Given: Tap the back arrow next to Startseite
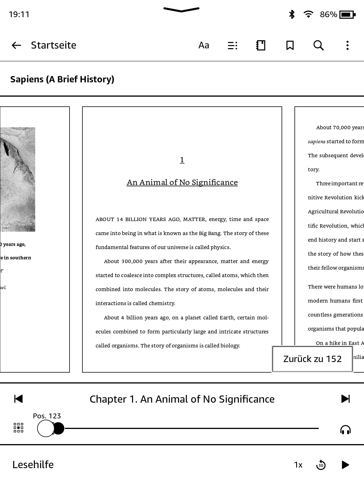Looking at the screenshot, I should pyautogui.click(x=16, y=45).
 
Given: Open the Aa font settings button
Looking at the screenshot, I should pyautogui.click(x=204, y=45).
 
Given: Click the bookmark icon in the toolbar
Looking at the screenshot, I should pyautogui.click(x=290, y=45).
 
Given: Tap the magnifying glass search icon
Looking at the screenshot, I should pyautogui.click(x=318, y=45).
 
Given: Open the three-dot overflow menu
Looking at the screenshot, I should pyautogui.click(x=347, y=45).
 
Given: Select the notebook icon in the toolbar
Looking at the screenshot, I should pyautogui.click(x=261, y=45).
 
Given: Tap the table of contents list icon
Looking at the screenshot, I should pyautogui.click(x=232, y=45).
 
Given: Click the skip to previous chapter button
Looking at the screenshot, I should pyautogui.click(x=18, y=399).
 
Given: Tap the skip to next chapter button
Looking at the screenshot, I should pyautogui.click(x=345, y=399).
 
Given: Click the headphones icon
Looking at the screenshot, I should pyautogui.click(x=345, y=430).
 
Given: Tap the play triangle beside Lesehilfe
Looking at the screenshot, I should pyautogui.click(x=345, y=465).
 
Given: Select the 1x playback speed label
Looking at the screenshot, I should pyautogui.click(x=298, y=465).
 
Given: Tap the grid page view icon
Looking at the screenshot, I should pyautogui.click(x=19, y=428).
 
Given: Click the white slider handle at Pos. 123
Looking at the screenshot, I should pyautogui.click(x=46, y=428).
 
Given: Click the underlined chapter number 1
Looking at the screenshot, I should pyautogui.click(x=182, y=160).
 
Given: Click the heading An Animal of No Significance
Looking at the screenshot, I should pyautogui.click(x=182, y=182).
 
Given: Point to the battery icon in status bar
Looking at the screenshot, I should pyautogui.click(x=347, y=14).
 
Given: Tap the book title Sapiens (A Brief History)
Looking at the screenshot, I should pyautogui.click(x=62, y=79).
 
